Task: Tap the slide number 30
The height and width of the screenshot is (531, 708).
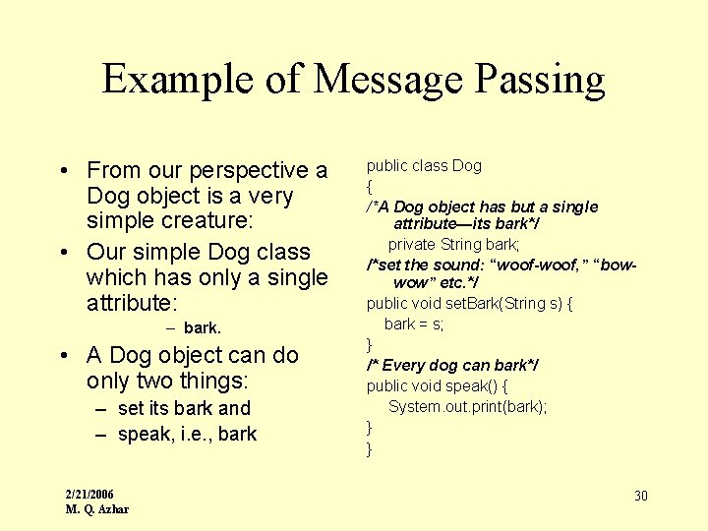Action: point(640,496)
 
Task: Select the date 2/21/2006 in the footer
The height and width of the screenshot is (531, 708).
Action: point(89,494)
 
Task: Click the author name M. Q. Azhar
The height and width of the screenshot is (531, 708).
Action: point(96,508)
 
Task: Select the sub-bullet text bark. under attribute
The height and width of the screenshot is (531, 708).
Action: point(203,327)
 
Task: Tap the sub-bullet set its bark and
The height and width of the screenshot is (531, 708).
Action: point(184,408)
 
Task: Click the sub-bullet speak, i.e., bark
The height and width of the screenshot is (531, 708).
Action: point(187,434)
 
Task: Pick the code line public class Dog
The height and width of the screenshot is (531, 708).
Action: point(424,165)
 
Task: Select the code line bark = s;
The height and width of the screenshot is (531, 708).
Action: point(414,324)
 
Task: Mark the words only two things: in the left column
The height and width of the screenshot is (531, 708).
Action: point(168,381)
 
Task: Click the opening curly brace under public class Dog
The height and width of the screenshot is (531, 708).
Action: point(370,186)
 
